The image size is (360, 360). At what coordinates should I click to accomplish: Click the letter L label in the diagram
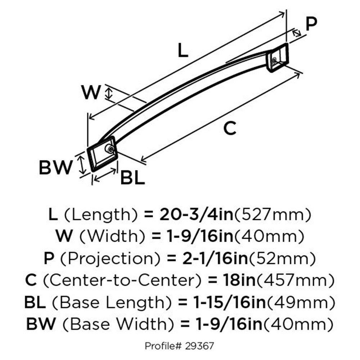[183, 50]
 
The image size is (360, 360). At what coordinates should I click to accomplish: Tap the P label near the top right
[311, 24]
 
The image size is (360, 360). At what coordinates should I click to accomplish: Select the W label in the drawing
[91, 92]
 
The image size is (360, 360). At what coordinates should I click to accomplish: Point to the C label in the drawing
[230, 128]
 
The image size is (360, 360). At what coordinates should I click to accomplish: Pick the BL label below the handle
[133, 177]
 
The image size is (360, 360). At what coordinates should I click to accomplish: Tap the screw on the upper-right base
[274, 60]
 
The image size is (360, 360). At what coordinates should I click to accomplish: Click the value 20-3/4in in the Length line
[196, 215]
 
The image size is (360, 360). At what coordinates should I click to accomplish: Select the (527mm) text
[273, 215]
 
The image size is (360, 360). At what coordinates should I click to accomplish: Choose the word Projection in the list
[110, 259]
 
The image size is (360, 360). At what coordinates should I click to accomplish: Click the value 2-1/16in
[216, 258]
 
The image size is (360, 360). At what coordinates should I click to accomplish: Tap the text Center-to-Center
[122, 280]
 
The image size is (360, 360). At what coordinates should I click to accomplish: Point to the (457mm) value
[295, 280]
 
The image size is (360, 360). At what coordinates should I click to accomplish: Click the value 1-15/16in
[229, 302]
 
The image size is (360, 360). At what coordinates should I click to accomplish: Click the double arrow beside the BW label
[82, 165]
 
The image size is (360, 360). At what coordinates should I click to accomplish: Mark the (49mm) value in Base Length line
[301, 303]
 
